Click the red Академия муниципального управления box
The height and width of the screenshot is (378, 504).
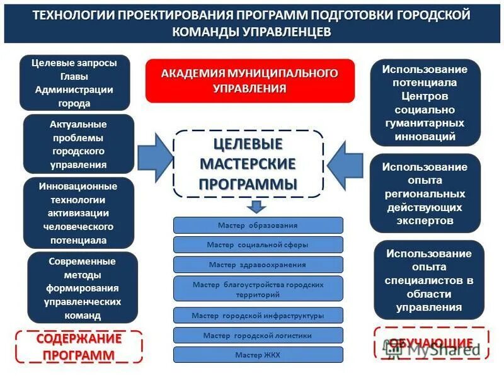[x=249, y=81]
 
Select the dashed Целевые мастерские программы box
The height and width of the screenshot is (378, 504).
[x=248, y=164]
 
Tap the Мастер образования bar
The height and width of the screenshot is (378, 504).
[x=258, y=225]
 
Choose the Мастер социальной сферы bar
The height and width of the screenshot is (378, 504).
[x=258, y=244]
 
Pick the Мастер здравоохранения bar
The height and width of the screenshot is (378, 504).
[x=258, y=265]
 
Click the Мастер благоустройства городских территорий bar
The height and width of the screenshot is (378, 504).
[x=258, y=289]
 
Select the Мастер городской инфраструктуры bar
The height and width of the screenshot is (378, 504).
[x=258, y=315]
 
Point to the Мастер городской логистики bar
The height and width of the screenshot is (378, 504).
[x=258, y=335]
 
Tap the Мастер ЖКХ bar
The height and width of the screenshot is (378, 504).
[x=258, y=355]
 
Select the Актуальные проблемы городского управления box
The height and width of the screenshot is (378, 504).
[x=78, y=144]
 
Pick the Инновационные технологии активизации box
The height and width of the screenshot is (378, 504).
[x=78, y=213]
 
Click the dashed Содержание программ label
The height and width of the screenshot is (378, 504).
[x=79, y=346]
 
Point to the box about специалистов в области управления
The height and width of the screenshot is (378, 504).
[x=428, y=280]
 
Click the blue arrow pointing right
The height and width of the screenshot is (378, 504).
[x=154, y=159]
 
